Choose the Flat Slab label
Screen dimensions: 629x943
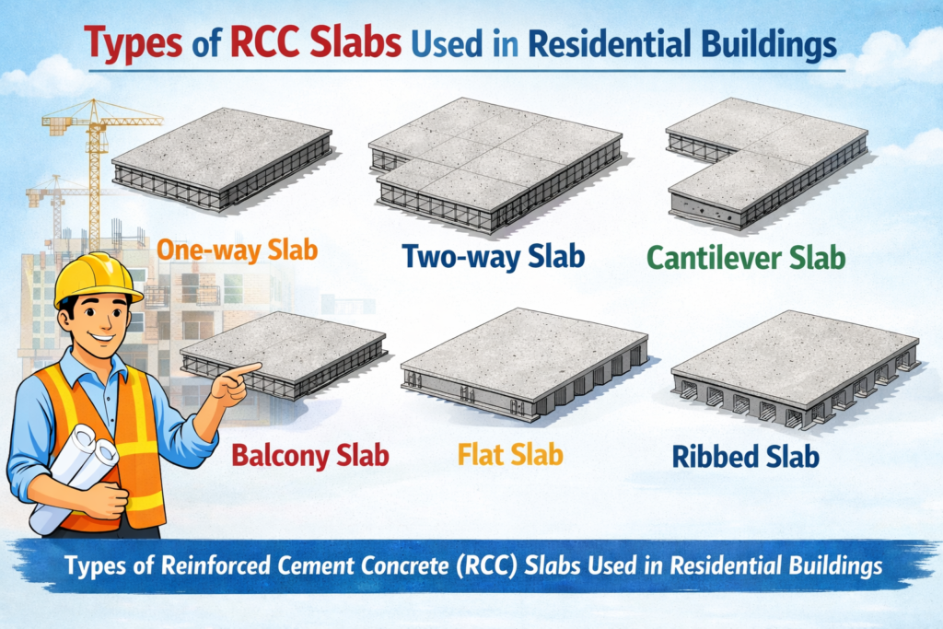pyautogui.click(x=510, y=454)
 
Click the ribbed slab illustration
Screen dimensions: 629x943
pyautogui.click(x=796, y=368)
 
